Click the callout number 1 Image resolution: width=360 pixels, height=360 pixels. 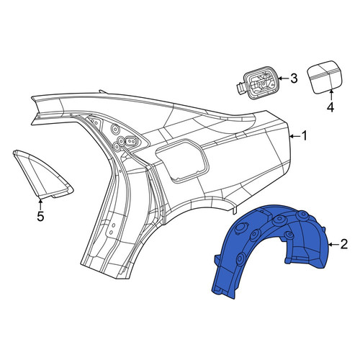[305, 136]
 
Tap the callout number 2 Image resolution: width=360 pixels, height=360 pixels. [344, 244]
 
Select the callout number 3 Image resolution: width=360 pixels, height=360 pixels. [294, 78]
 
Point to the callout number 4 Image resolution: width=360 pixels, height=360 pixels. [330, 107]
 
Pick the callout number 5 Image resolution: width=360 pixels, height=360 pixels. [40, 216]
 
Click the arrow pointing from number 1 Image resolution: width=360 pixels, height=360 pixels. [295, 136]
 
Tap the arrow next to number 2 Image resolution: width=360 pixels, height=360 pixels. [333, 245]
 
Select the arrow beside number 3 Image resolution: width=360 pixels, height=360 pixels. [284, 78]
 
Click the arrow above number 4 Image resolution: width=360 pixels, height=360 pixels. [330, 95]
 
